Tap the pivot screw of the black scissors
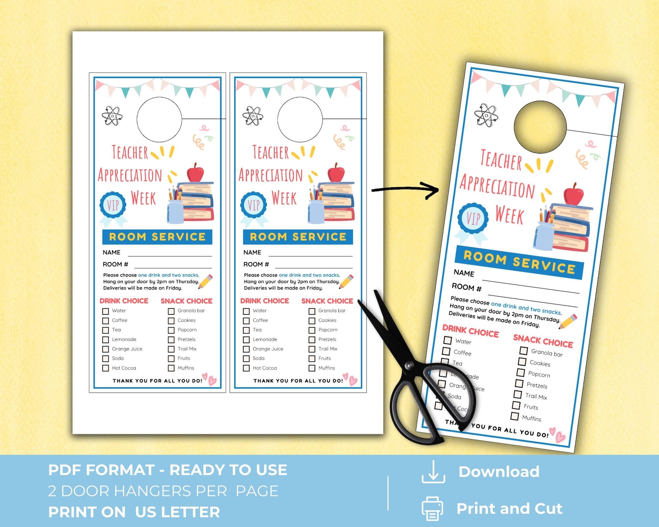[x=409, y=366]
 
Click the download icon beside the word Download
[x=433, y=472]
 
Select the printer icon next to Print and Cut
[x=432, y=508]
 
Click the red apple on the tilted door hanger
[x=574, y=195]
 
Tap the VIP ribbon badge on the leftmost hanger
[x=113, y=205]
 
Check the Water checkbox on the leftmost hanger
[x=105, y=311]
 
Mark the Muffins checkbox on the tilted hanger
[x=515, y=416]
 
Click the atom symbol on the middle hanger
[x=253, y=116]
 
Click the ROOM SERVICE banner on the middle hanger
[x=298, y=237]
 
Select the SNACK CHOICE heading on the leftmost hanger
[x=186, y=301]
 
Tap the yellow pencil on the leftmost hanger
[x=206, y=281]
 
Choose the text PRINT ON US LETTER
[x=134, y=512]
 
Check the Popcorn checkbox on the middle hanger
[x=312, y=330]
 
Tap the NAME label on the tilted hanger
[x=464, y=273]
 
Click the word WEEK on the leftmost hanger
[x=143, y=198]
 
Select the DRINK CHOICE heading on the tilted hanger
[x=470, y=331]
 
